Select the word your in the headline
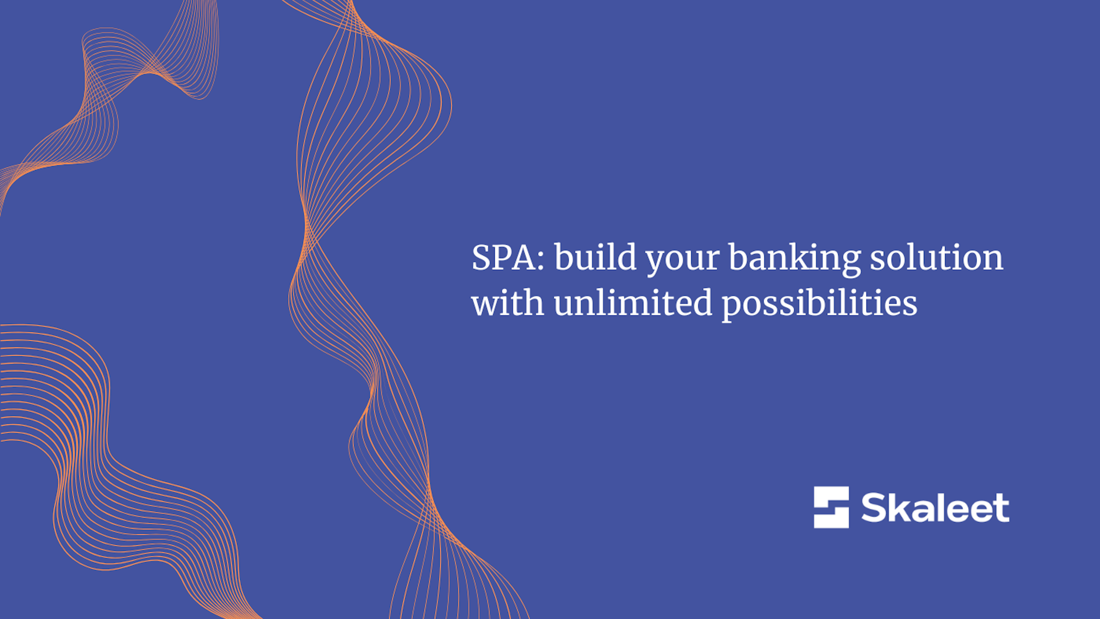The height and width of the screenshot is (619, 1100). pos(683,261)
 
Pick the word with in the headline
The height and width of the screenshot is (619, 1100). pos(508,301)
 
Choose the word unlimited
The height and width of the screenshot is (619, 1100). pos(633,301)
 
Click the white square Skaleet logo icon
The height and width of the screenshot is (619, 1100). pos(831,507)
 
